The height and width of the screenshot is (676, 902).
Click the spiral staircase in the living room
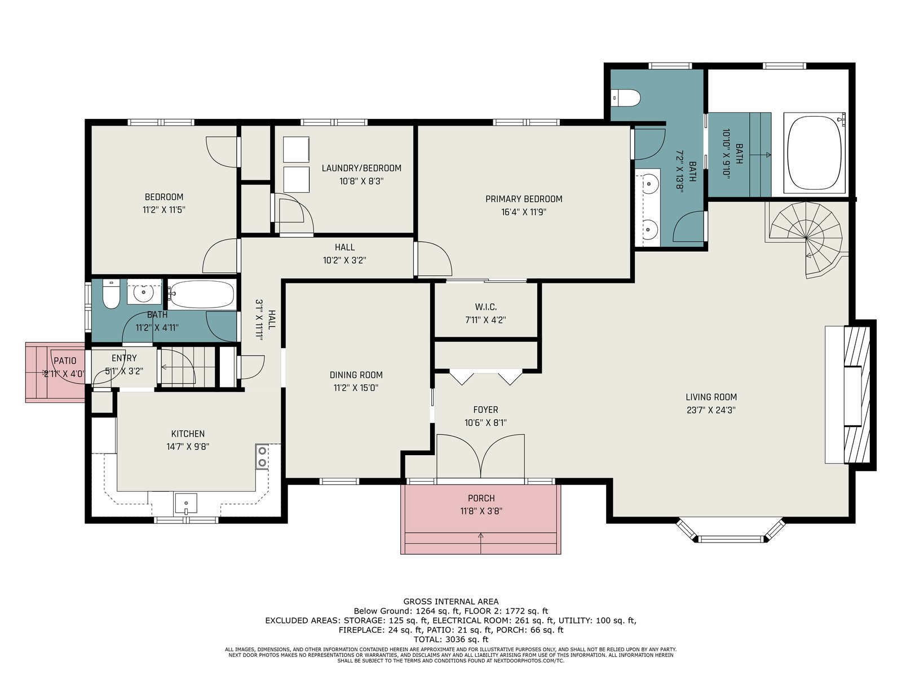(806, 238)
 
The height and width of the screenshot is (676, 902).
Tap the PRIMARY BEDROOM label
(524, 199)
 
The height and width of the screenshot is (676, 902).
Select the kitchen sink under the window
(185, 504)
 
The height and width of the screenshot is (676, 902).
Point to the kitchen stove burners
(262, 456)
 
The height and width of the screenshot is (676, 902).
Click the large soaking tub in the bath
(813, 153)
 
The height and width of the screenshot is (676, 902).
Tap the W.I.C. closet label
(486, 306)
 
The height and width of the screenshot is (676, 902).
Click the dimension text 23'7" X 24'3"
(711, 410)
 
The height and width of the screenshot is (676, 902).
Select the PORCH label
(481, 498)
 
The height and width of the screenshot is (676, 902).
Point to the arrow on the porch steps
(481, 542)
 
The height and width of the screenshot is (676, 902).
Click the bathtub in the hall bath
(201, 294)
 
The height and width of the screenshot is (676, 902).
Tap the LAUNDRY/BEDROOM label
(361, 168)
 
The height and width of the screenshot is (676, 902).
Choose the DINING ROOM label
(356, 375)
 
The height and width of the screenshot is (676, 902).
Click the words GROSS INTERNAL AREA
(451, 602)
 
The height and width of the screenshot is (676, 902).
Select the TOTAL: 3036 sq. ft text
(451, 639)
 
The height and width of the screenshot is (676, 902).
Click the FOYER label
(486, 409)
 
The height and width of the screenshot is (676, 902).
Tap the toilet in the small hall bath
(110, 294)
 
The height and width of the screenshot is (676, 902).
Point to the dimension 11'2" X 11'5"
(164, 210)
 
